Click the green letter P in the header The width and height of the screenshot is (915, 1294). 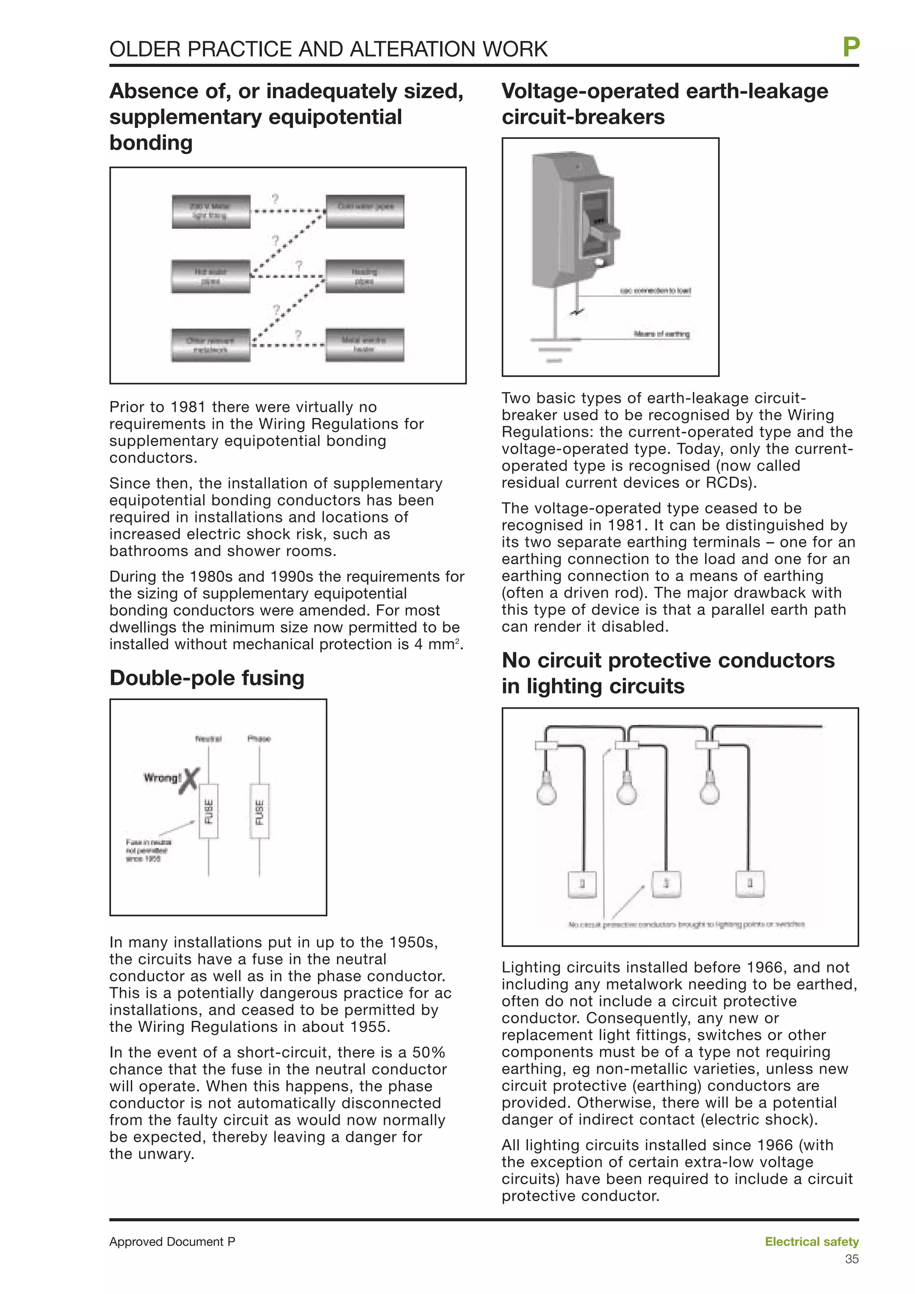coord(851,47)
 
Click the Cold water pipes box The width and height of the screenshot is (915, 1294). coord(365,211)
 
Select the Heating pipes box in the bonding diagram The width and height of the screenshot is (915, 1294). coord(365,276)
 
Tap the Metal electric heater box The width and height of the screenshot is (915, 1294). coord(365,344)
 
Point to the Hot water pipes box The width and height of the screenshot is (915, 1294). coord(211,276)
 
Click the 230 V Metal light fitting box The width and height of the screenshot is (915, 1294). coord(211,211)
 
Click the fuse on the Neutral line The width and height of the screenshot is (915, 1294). coord(209,811)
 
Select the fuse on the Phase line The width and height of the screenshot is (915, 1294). coord(259,811)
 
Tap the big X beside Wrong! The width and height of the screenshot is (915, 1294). coord(190,781)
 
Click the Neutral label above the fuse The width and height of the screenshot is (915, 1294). coord(208,738)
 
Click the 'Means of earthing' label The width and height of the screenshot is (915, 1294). coord(661,334)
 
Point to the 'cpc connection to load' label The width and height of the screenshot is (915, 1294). coord(655,291)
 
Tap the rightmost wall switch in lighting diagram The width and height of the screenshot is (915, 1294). coord(750,884)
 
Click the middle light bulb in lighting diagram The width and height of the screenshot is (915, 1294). coord(627,789)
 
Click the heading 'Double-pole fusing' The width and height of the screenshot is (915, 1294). coord(207,678)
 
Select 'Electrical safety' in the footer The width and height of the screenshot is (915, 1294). coord(811,1242)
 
